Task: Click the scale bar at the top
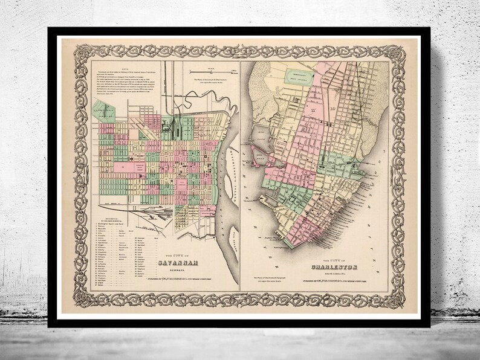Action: pos(206,72)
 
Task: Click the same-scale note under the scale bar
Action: pos(206,82)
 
